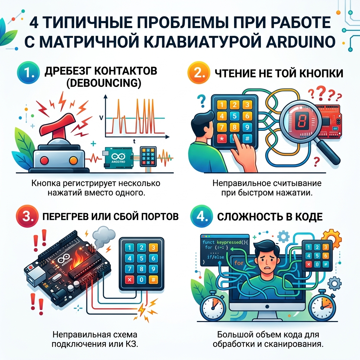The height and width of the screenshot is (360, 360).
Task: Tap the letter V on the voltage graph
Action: (x=102, y=118)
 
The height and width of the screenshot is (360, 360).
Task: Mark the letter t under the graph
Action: (x=135, y=141)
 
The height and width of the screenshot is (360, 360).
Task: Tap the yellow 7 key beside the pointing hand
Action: (x=221, y=127)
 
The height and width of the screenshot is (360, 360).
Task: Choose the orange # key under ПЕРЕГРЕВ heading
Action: (x=153, y=280)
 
